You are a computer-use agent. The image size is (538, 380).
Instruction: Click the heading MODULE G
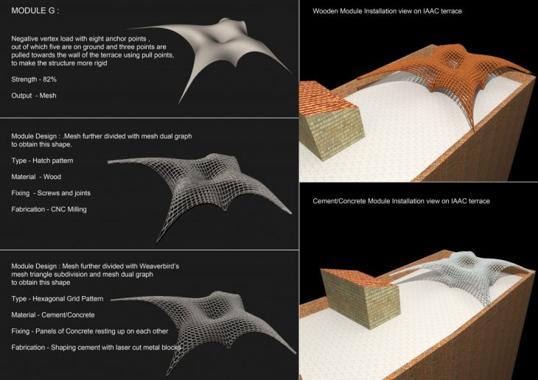[35, 10]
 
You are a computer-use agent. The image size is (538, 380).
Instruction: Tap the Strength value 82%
[50, 80]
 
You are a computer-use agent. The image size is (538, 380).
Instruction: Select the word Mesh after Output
[48, 96]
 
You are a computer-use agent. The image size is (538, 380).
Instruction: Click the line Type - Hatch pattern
[42, 161]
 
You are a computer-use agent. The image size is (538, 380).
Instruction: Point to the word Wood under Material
[52, 177]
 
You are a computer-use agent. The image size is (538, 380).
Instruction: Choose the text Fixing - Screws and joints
[51, 193]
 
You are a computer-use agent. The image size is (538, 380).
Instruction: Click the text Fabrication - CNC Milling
[49, 209]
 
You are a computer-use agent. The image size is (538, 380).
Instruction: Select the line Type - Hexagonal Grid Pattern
[57, 299]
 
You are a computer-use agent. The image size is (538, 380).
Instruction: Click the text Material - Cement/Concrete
[53, 315]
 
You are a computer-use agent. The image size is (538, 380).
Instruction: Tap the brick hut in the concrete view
[360, 297]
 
